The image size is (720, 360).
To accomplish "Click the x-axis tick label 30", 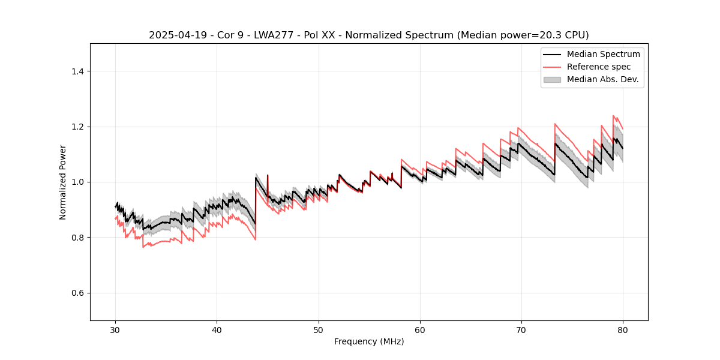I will [x=116, y=329].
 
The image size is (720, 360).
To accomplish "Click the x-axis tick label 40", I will [x=217, y=329].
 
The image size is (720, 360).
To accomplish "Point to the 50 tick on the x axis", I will [x=319, y=329].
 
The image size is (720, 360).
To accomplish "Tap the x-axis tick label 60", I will [x=420, y=329].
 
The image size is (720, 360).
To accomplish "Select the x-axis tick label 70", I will [x=521, y=329].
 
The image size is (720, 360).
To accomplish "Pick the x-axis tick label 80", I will [x=623, y=329].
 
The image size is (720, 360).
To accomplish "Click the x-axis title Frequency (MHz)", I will [x=369, y=341].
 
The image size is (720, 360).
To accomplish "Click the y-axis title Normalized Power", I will [x=63, y=182].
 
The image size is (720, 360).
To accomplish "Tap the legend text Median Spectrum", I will [x=603, y=54].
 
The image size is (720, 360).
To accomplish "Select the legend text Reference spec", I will [x=599, y=67].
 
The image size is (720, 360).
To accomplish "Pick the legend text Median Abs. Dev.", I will [x=602, y=79].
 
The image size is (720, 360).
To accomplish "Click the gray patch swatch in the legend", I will [x=552, y=79].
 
